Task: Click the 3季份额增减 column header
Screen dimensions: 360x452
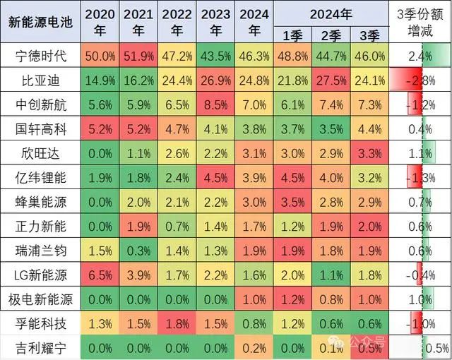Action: tap(421, 22)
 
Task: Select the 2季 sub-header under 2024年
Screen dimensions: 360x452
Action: tap(332, 35)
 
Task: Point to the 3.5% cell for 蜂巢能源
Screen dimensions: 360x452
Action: tap(293, 203)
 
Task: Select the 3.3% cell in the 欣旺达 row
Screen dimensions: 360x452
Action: tap(370, 153)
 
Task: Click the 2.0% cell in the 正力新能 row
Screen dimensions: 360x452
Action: tap(370, 227)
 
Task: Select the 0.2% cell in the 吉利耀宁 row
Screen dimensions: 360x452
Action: tap(255, 347)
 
